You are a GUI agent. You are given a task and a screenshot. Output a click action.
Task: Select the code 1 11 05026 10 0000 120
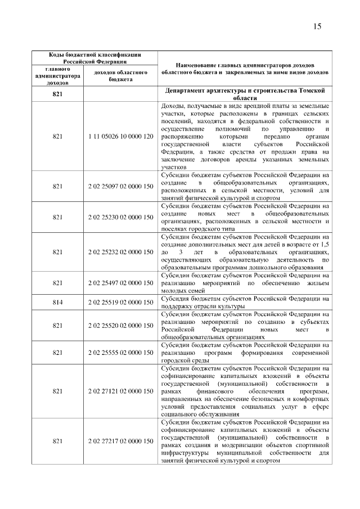coord(121,137)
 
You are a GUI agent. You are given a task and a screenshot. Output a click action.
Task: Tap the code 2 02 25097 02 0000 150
coord(121,186)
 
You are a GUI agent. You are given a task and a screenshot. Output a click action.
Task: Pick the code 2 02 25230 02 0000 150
coord(121,217)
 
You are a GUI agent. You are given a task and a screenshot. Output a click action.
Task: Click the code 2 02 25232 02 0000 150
coord(121,252)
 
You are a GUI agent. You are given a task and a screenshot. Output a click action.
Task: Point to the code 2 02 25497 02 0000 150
coord(121,283)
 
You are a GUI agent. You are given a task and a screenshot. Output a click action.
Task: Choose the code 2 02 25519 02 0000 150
coord(121,302)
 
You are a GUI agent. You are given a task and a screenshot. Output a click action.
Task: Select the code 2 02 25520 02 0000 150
coord(121,325)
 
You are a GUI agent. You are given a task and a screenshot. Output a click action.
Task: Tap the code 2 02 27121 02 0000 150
coord(121,390)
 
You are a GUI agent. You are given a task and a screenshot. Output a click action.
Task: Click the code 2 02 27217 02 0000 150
coord(121,442)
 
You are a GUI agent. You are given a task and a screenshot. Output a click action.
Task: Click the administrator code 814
coord(57,302)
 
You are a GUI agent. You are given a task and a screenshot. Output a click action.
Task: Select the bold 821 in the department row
coord(57,94)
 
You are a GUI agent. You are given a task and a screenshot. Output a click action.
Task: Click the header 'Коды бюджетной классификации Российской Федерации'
coord(94,58)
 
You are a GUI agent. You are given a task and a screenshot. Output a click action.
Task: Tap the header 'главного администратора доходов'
coord(57,76)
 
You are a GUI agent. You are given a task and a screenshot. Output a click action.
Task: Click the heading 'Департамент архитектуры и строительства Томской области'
coord(245,94)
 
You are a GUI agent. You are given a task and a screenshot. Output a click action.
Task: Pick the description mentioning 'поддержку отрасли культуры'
coord(245,302)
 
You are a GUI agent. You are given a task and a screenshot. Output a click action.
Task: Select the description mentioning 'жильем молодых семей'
coord(245,283)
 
